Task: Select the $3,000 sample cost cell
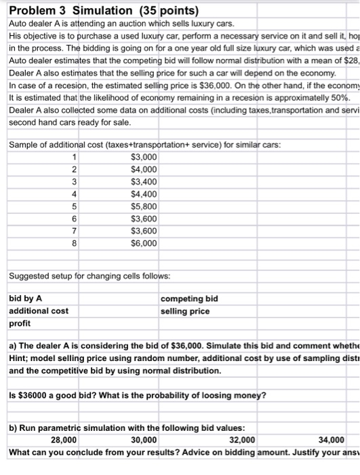(144, 157)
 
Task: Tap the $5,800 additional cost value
(144, 206)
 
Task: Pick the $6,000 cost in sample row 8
(144, 243)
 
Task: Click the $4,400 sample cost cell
(144, 194)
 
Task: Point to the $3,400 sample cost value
(144, 182)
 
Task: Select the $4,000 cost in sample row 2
(144, 170)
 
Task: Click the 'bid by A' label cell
(25, 299)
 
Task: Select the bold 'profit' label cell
(19, 324)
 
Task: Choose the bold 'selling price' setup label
(185, 311)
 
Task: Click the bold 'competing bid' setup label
(189, 299)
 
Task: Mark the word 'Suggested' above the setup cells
(30, 276)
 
